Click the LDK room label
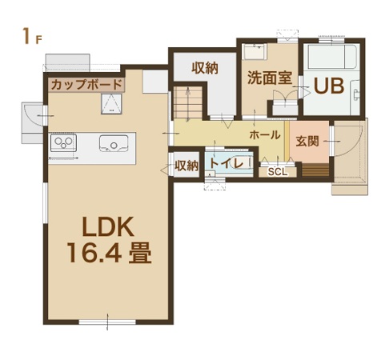(x=108, y=227)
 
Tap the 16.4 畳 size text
(x=110, y=253)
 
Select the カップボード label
(x=86, y=85)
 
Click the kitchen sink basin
(x=114, y=143)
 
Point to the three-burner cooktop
(x=63, y=142)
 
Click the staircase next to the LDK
(x=188, y=102)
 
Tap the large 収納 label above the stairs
(x=205, y=68)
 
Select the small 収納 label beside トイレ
(x=186, y=166)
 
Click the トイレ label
(x=227, y=163)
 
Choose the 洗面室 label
(x=270, y=78)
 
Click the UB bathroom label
(x=328, y=86)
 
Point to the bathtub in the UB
(x=332, y=58)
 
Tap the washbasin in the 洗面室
(x=255, y=52)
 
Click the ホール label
(x=265, y=135)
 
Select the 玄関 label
(x=307, y=141)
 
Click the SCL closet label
(x=278, y=172)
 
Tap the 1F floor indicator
(x=32, y=37)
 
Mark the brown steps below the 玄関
(x=315, y=170)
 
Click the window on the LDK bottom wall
(x=107, y=322)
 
